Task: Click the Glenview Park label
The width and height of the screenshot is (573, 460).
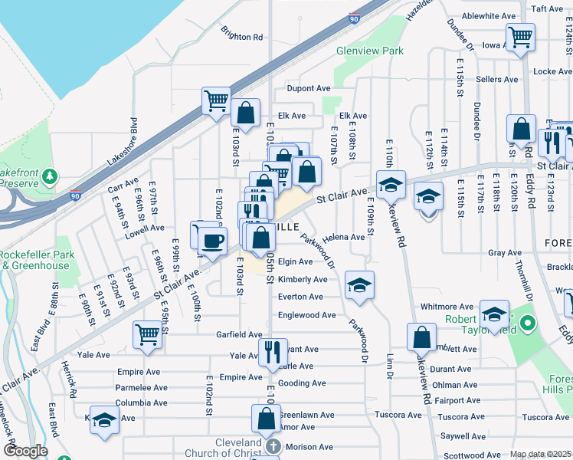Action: (369, 51)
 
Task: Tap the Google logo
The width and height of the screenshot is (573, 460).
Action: (25, 451)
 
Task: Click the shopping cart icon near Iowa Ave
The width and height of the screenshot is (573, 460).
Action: (520, 36)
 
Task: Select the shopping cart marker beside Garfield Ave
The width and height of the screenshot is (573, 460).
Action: (147, 333)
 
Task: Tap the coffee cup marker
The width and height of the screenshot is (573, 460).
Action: (212, 240)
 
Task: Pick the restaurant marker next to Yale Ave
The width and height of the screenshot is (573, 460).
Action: (273, 353)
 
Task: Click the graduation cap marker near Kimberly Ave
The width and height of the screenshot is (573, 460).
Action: (359, 285)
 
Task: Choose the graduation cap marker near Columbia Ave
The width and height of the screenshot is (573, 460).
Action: (104, 419)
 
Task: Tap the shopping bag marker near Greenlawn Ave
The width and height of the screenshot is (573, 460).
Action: (266, 419)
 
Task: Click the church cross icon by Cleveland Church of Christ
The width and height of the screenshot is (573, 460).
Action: (273, 447)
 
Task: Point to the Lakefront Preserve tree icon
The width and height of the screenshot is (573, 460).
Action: (51, 177)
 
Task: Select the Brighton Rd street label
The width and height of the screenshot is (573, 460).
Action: (242, 36)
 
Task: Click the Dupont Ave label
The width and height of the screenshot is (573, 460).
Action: (309, 89)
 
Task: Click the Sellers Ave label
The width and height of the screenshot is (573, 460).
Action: (496, 80)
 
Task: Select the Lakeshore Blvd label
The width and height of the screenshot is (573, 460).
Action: (123, 143)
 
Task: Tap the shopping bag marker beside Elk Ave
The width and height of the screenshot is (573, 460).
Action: (245, 113)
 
